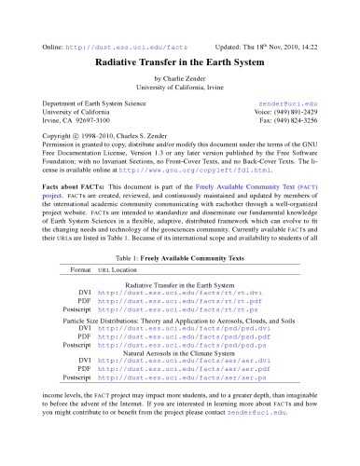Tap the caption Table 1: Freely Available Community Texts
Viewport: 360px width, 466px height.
tap(179, 254)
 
